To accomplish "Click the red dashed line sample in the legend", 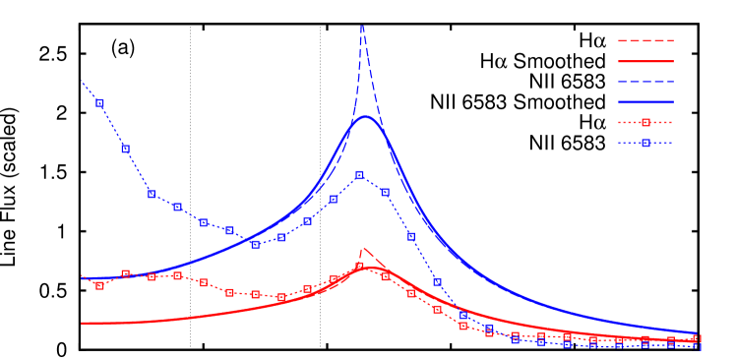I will (645, 40).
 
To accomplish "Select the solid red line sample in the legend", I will (645, 61).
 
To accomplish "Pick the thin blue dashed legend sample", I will (645, 82).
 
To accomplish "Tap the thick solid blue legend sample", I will (645, 101).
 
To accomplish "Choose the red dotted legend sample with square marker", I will (645, 123).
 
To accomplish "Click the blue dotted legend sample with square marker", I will (645, 143).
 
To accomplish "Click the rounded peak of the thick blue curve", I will (366, 117).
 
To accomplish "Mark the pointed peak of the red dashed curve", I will (363, 248).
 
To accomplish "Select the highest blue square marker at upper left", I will (99, 102).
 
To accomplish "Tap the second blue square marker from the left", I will (125, 149).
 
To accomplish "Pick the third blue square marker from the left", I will (152, 194).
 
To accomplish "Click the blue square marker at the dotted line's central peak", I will (359, 175).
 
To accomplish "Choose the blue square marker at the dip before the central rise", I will (255, 244).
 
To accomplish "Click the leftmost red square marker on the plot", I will (99, 285).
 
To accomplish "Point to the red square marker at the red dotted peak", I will (359, 266).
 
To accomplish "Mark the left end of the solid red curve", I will (82, 323).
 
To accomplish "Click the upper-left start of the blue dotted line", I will (82, 81).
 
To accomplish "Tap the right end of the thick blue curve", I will (697, 333).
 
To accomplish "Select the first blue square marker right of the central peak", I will (385, 193).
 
